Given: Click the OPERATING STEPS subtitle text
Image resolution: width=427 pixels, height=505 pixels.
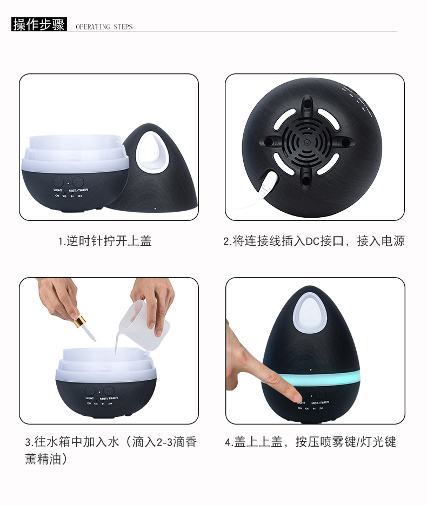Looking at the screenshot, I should [104, 26].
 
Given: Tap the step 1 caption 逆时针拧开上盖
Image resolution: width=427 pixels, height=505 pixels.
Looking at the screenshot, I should [105, 241].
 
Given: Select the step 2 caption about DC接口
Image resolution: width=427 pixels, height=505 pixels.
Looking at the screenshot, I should [314, 241].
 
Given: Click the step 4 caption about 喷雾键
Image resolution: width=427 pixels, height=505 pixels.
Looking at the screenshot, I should [310, 442].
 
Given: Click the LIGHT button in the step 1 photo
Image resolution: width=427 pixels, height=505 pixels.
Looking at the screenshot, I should [58, 181].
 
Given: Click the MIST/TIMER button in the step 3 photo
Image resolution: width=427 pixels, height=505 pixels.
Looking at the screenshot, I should [110, 390].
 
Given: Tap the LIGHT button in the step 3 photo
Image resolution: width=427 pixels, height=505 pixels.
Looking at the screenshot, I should [90, 390].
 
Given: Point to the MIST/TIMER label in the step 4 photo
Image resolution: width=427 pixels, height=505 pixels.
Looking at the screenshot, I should [320, 402].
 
